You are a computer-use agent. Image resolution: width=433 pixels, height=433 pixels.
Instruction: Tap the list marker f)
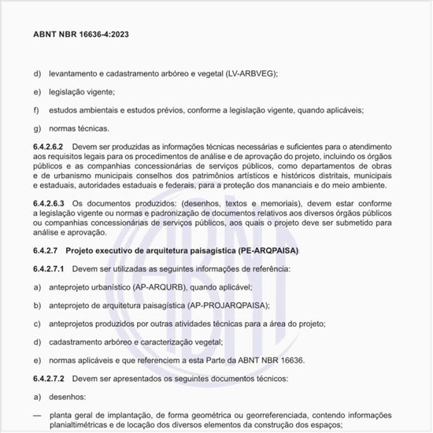36,109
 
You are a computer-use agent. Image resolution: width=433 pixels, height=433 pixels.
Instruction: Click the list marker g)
36,128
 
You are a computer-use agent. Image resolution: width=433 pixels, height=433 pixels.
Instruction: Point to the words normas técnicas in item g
80,128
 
